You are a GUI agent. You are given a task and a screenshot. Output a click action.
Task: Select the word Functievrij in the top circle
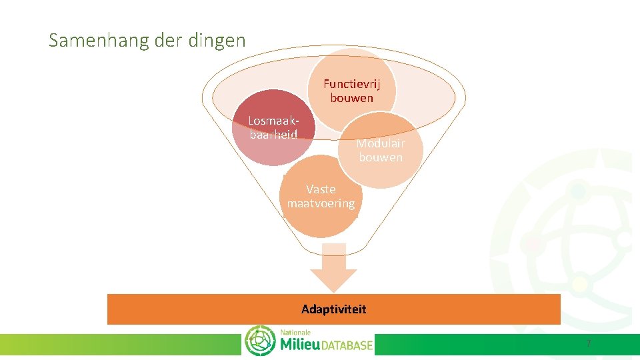coord(351,84)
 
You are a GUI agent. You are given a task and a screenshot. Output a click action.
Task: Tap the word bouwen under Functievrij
coord(351,98)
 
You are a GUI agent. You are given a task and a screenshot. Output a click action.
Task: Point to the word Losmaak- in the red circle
coord(273,121)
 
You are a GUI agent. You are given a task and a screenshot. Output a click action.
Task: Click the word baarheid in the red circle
coord(273,134)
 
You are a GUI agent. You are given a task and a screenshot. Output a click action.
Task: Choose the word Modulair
coord(380,143)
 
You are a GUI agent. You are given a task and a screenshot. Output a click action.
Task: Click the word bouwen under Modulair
coord(381,157)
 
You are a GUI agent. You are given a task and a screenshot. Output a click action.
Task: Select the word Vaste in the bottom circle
coord(321,189)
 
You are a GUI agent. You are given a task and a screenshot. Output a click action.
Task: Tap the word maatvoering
coord(321,203)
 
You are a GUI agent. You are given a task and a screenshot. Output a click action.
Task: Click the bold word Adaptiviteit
coord(333,309)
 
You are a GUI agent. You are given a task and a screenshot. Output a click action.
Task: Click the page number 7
coord(588,343)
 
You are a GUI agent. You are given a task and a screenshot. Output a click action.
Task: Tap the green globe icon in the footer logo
coord(260,341)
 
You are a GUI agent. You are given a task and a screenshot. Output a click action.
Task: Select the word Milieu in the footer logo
coord(300,345)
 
